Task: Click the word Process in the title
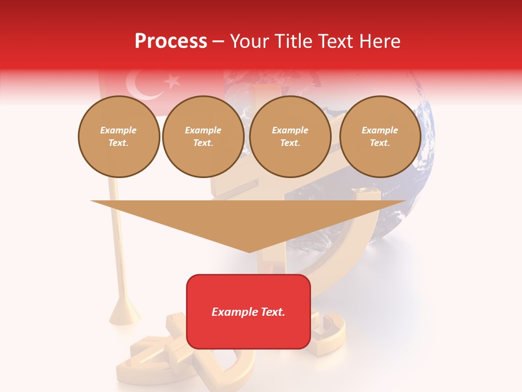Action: (x=171, y=41)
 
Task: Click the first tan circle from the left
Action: (x=119, y=137)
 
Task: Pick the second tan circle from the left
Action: (x=203, y=137)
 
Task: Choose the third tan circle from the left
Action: (x=290, y=137)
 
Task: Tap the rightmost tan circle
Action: (x=380, y=137)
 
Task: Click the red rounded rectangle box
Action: (x=248, y=311)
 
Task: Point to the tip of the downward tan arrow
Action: (x=249, y=252)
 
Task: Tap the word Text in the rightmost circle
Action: (x=380, y=143)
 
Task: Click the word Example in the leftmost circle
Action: (x=119, y=131)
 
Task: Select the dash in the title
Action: (x=219, y=42)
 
